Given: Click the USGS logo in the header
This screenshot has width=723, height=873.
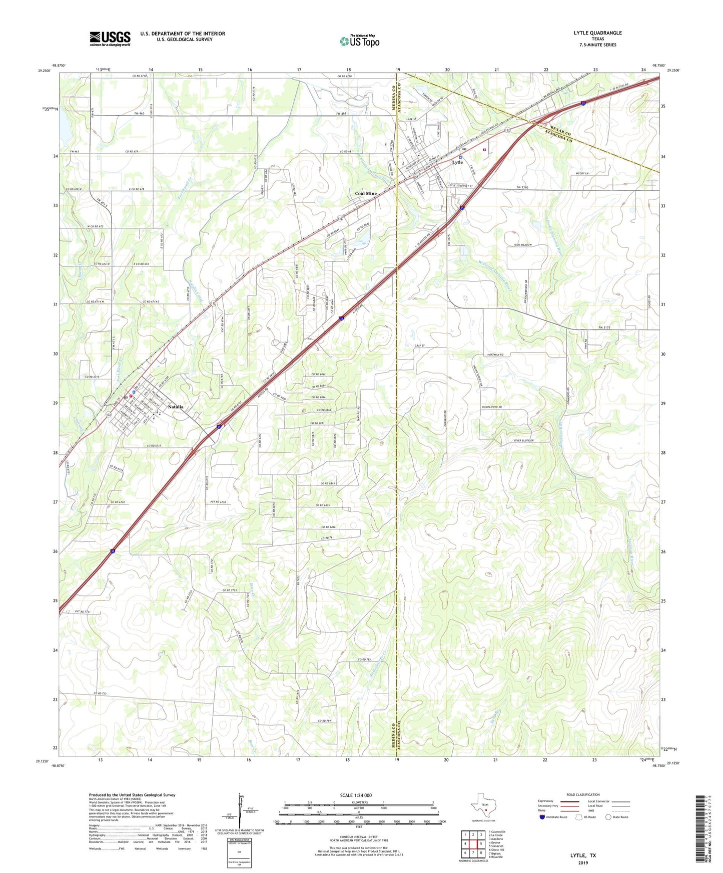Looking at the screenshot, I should click(x=110, y=38).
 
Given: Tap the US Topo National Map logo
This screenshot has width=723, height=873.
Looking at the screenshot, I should click(x=359, y=40).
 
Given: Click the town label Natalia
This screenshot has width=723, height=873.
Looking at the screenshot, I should click(x=175, y=407).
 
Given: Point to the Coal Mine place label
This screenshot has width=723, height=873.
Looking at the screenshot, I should click(x=366, y=193).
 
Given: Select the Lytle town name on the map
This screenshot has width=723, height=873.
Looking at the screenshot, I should click(x=457, y=162).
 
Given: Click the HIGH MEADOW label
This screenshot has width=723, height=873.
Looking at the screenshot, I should click(x=522, y=245).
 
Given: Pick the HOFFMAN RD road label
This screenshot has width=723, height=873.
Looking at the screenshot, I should click(x=495, y=354).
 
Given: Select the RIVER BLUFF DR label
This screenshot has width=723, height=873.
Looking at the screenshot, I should click(x=524, y=440).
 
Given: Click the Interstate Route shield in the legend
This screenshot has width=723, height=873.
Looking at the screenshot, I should click(x=542, y=817).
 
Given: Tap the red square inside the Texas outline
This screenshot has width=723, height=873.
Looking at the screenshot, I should click(x=485, y=811).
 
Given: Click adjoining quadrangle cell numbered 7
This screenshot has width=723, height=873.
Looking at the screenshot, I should click(x=473, y=853).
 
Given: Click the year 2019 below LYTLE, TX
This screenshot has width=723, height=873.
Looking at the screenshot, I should click(x=583, y=863).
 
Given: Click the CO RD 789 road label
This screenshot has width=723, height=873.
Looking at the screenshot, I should click(x=325, y=721).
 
